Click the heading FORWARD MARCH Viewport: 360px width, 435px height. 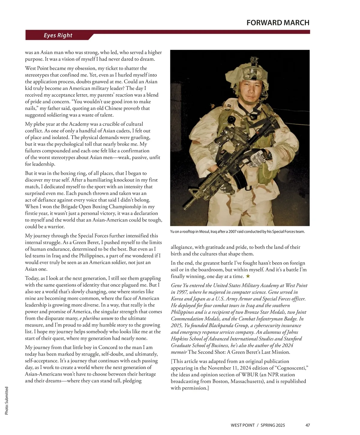coord(278,23)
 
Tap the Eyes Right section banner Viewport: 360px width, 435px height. coord(58,35)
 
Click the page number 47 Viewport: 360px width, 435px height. coord(307,425)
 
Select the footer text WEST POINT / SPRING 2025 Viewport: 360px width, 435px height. coord(258,425)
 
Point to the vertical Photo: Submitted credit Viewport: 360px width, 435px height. coord(7,401)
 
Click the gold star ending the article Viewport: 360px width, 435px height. coord(248,276)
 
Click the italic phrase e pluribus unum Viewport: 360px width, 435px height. coord(96,318)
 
